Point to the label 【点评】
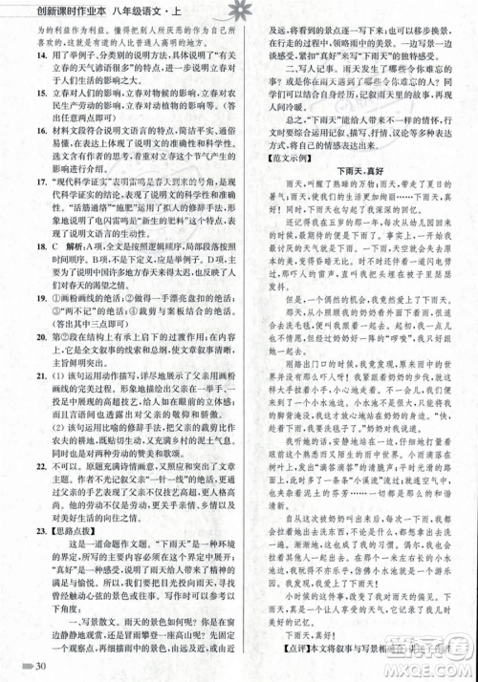point(290,652)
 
